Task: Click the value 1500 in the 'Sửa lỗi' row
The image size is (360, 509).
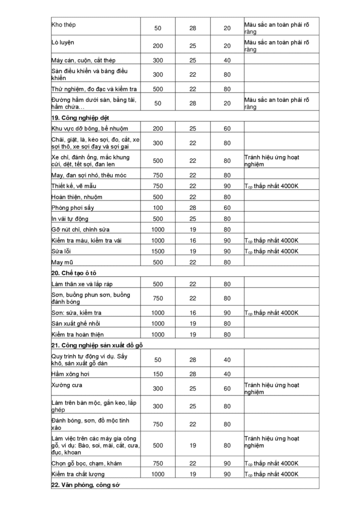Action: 158,251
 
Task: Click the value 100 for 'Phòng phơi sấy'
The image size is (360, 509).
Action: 158,208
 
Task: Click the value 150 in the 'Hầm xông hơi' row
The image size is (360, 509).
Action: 158,374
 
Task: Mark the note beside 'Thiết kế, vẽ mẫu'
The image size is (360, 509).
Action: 271,186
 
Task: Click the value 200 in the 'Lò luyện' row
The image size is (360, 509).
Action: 158,46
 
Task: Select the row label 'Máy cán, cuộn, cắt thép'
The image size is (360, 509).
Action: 84,61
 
